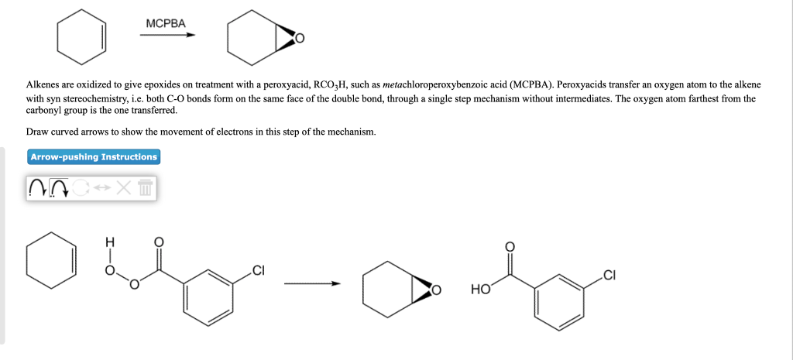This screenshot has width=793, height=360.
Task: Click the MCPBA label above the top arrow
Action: click(166, 23)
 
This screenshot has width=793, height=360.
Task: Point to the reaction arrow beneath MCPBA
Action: click(171, 35)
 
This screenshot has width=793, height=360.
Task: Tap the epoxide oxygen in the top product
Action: click(300, 38)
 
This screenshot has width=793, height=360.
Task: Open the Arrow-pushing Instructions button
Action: click(94, 157)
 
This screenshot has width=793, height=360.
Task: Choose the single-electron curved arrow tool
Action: click(36, 188)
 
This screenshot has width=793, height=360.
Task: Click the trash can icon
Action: click(146, 188)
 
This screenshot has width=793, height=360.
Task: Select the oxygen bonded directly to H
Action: click(110, 271)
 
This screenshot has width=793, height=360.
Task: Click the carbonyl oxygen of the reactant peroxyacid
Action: click(160, 242)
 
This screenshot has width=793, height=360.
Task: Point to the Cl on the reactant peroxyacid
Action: click(258, 270)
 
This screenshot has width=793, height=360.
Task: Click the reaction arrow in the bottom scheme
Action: click(311, 284)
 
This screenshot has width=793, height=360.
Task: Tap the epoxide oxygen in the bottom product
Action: click(437, 291)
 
